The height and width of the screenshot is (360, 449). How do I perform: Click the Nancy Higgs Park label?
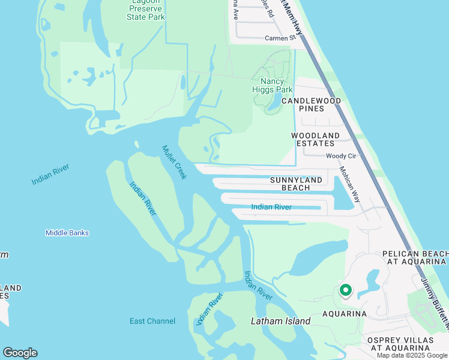pos(276,85)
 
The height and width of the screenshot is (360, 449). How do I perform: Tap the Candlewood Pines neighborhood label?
pos(316,104)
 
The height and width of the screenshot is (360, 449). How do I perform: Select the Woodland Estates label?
pos(316,139)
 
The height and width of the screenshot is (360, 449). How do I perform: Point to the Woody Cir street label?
pos(341,156)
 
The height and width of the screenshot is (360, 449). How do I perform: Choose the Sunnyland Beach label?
pos(298,184)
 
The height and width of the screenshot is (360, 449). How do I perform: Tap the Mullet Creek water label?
pos(175,161)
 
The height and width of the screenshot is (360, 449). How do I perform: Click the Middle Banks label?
pos(67,233)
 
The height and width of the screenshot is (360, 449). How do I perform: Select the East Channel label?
pos(152,321)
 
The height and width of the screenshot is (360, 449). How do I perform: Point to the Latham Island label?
pos(280,321)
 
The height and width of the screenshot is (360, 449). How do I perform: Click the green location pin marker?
pos(346,290)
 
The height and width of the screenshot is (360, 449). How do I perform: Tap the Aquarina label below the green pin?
pos(345,314)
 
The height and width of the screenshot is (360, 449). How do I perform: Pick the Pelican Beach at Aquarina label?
pos(415,257)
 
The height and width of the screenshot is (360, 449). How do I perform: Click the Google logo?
pos(20,353)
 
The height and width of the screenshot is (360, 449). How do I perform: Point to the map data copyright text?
pos(412,355)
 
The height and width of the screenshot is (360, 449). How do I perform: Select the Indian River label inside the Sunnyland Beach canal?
pos(271,207)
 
